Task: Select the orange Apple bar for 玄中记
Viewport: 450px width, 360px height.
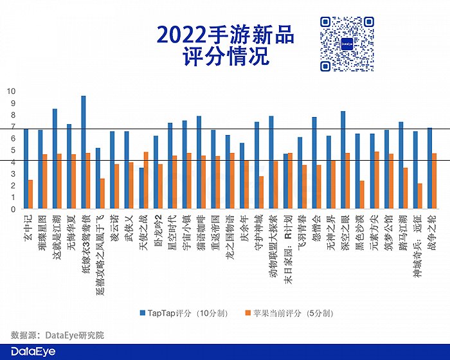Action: coord(30,194)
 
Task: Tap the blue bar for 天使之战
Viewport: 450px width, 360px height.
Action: coord(141,188)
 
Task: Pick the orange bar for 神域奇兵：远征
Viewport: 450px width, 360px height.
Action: coord(420,196)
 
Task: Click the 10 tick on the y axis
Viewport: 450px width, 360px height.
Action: coord(10,91)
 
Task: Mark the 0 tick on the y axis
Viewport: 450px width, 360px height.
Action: coord(12,210)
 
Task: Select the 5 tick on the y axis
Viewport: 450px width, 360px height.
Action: coord(12,150)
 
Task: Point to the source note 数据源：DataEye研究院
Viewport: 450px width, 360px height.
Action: coord(57,335)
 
